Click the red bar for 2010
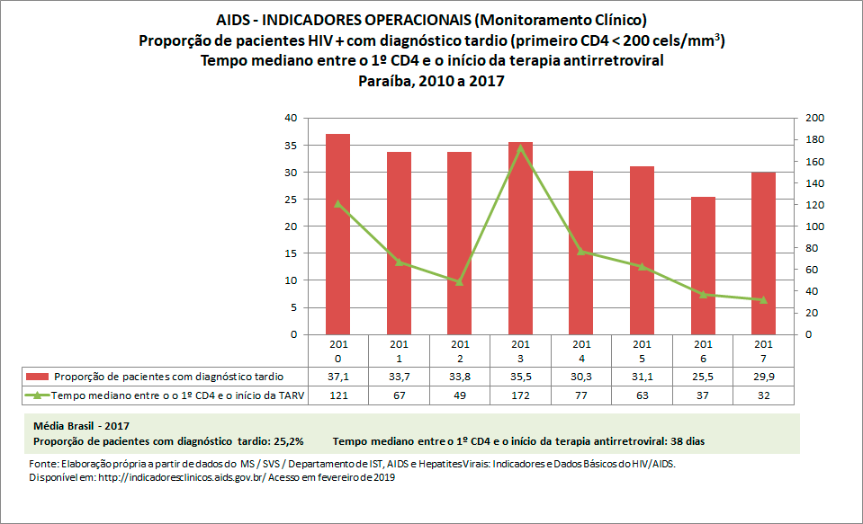coord(337,234)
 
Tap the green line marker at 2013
coord(520,147)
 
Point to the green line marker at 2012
coord(459,281)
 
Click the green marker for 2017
coord(763,299)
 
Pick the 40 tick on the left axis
coord(291,118)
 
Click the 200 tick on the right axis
coord(813,118)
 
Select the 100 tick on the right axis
coord(813,226)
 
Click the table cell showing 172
coord(520,395)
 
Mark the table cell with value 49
coord(459,395)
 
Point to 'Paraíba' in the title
coord(385,81)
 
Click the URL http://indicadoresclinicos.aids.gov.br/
coord(178,478)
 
